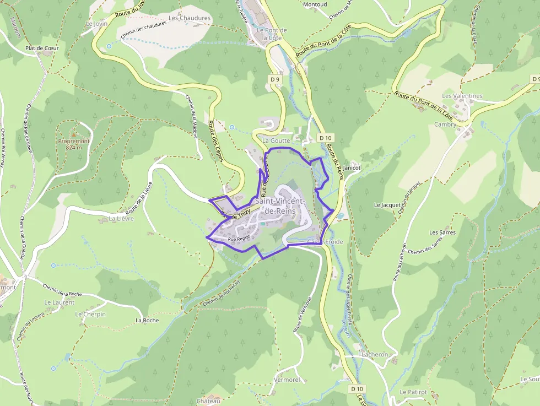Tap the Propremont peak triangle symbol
pyautogui.click(x=74, y=134)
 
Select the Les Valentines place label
pyautogui.click(x=462, y=96)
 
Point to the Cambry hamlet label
pyautogui.click(x=445, y=124)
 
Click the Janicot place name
pyautogui.click(x=352, y=167)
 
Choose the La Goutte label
pyautogui.click(x=276, y=140)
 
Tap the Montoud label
pyautogui.click(x=315, y=4)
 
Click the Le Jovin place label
pyautogui.click(x=96, y=24)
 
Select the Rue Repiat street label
pyautogui.click(x=239, y=239)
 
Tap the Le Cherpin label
pyautogui.click(x=90, y=315)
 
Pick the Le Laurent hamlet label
pyautogui.click(x=59, y=302)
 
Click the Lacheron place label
pyautogui.click(x=375, y=355)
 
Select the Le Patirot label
pyautogui.click(x=413, y=392)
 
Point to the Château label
pyautogui.click(x=208, y=401)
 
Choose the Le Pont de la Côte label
pyautogui.click(x=272, y=34)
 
